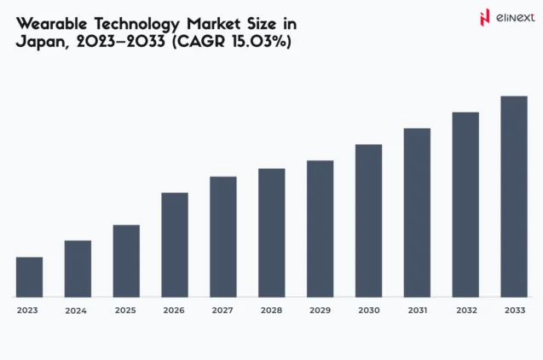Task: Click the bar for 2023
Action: (29, 276)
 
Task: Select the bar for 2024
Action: (78, 269)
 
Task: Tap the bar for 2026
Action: (175, 245)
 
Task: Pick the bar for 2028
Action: (272, 233)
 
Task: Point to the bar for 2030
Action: (368, 220)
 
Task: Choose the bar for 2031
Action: (417, 212)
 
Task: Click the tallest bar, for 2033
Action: (514, 196)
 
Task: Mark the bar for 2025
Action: (126, 261)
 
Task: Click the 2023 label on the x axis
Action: (28, 311)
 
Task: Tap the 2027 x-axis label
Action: (222, 311)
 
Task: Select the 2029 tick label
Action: (320, 311)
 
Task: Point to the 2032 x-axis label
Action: (465, 311)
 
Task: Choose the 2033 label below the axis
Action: (514, 311)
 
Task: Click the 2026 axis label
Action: (174, 311)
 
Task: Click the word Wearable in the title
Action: (51, 22)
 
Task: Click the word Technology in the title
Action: (136, 22)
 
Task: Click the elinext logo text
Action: (511, 16)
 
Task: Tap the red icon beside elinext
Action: (485, 16)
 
